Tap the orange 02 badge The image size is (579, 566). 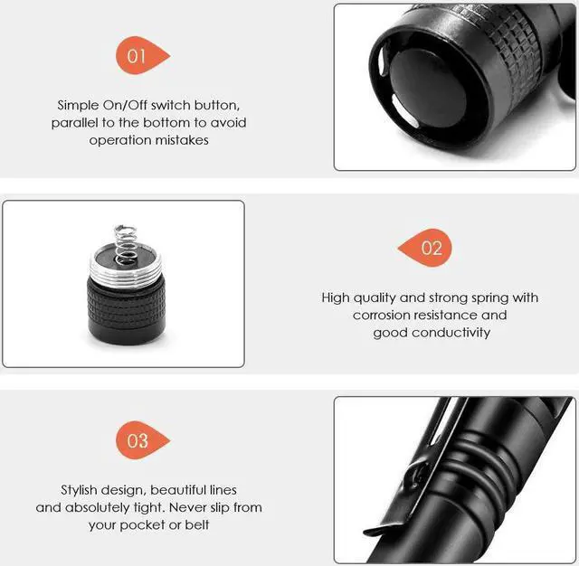click(x=429, y=248)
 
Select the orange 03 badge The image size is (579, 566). click(x=138, y=441)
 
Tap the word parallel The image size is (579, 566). click(x=76, y=123)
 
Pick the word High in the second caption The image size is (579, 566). click(x=337, y=297)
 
